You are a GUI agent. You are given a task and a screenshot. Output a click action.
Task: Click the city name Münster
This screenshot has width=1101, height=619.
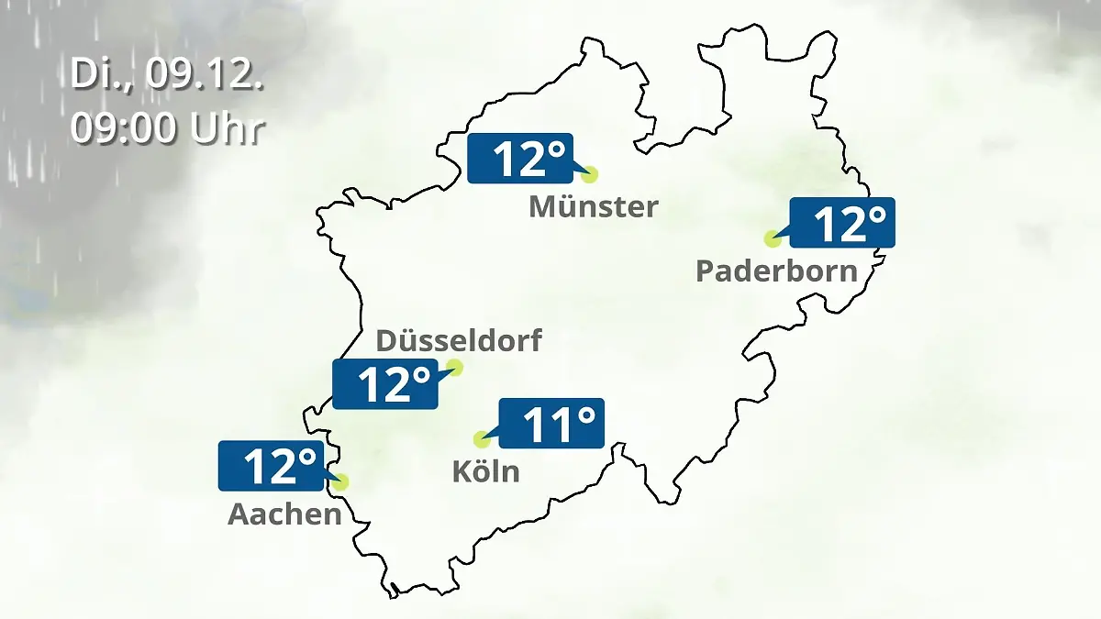593,206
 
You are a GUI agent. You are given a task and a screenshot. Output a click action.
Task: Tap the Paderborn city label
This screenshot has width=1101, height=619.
776,271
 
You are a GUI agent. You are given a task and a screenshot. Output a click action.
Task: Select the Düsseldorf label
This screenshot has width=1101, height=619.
459,341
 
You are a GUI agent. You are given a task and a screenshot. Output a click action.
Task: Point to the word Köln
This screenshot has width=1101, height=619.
485,471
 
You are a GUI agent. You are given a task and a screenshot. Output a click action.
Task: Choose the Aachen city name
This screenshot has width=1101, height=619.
284,514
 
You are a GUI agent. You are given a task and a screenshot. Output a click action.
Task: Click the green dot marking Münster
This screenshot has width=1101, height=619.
589,174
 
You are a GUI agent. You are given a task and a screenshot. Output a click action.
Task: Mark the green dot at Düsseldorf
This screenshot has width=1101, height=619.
454,368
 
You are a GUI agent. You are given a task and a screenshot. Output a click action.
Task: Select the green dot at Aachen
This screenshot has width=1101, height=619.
341,481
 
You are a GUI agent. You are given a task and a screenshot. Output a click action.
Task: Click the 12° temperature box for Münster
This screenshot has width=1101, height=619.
519,158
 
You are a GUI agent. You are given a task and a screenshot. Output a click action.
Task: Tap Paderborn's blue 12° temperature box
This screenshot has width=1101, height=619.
841,223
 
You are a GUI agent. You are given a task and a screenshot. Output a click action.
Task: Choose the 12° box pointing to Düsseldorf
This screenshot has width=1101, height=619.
384,384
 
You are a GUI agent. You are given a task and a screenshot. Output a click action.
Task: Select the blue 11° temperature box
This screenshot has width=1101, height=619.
550,423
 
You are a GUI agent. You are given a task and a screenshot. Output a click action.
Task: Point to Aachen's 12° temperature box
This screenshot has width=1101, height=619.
271,466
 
